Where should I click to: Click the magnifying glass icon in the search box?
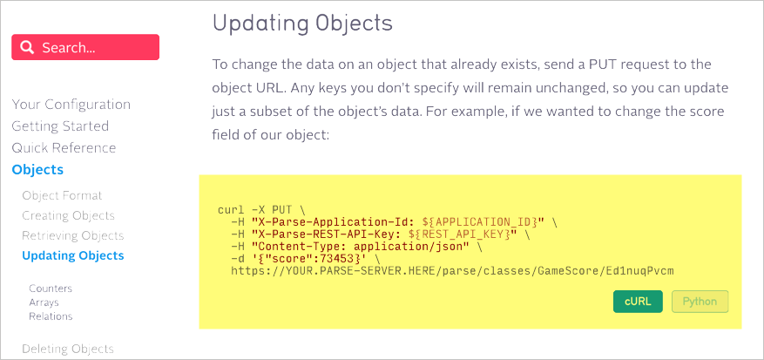pos(28,47)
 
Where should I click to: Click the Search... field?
pos(85,47)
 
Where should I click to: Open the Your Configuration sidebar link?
pos(71,105)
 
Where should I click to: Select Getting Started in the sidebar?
pos(60,126)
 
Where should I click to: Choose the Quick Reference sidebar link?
pos(64,148)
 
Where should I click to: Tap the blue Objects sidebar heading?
pos(37,170)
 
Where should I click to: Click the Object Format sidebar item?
pos(63,196)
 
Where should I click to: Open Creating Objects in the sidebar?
pos(68,215)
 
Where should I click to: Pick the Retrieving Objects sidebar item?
pos(73,235)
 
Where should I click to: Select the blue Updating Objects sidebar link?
pos(73,255)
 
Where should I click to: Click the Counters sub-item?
pos(51,289)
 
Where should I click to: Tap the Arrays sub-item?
pos(44,302)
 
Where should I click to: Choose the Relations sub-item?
pos(51,316)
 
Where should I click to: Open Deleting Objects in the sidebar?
pos(68,349)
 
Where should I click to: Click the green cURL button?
pos(638,302)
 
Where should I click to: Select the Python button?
pos(700,302)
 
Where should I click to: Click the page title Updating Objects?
pos(302,24)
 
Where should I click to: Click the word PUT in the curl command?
pos(282,210)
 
